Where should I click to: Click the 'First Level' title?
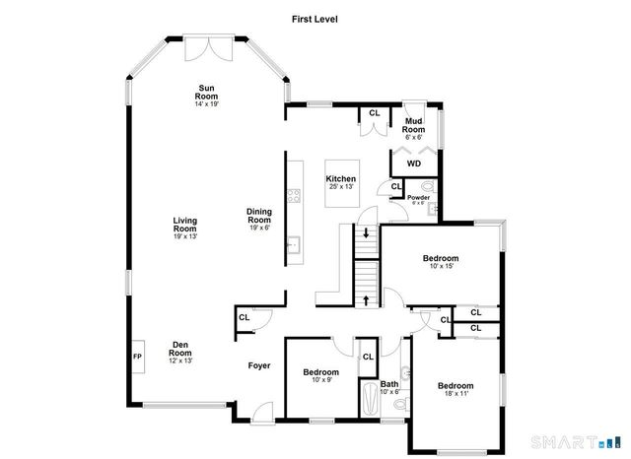point(315,18)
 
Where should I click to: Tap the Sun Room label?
point(206,92)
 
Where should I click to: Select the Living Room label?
point(185,226)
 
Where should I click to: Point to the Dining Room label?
point(259,215)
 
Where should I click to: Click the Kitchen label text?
point(340,179)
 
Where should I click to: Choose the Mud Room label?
point(414,125)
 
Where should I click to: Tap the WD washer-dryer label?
point(414,164)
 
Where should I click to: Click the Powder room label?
point(418,197)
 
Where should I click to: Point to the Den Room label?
point(180,349)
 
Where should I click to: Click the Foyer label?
point(258,365)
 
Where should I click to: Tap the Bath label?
point(389,384)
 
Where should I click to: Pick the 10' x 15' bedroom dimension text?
point(441,266)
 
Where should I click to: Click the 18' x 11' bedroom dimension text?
point(456,393)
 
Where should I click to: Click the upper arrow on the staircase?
point(367,233)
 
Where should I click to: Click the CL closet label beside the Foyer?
point(244,317)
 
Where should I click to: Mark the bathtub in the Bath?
point(369,403)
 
